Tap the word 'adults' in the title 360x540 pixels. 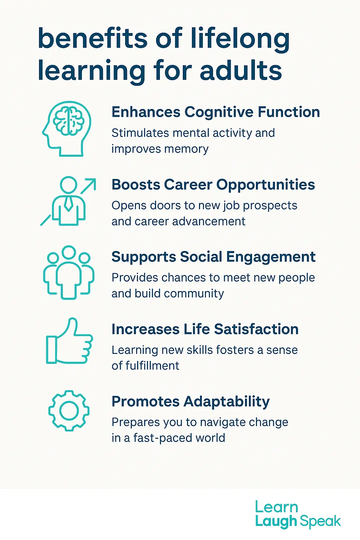pos(241,70)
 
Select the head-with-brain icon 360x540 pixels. pos(67,129)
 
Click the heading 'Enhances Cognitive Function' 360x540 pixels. pos(216,112)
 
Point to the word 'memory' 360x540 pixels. pos(186,149)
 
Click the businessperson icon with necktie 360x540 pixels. pos(69,202)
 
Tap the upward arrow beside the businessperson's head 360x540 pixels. pos(88,186)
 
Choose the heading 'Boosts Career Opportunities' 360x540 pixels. pos(213,185)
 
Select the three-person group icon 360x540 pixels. pos(69,272)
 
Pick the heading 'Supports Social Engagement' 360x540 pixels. pos(213,257)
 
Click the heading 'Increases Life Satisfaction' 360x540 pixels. pos(205,329)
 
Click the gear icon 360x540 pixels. pos(69,410)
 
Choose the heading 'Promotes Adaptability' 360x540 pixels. pos(191,401)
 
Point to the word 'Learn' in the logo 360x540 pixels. pos(276,507)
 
